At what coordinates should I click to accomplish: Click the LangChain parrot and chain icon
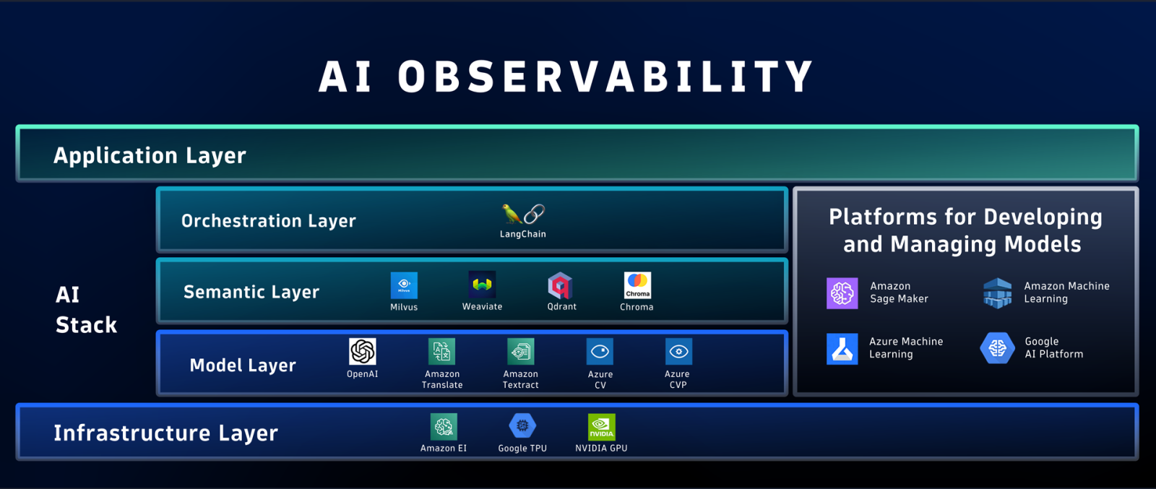pos(523,214)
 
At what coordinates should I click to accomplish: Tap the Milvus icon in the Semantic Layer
pos(404,285)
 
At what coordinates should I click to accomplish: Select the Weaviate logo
pos(482,285)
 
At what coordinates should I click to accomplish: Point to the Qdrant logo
pos(561,286)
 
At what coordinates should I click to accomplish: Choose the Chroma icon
pos(637,285)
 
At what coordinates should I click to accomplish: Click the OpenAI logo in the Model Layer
pos(362,352)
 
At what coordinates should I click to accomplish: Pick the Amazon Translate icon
pos(441,352)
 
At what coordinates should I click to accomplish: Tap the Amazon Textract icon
pos(520,352)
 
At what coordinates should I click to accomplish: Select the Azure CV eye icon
pos(600,352)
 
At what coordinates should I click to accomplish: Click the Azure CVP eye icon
pos(678,352)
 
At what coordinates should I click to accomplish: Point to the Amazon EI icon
pos(444,427)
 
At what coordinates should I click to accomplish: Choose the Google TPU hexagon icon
pos(522,426)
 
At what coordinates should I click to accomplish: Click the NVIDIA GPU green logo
pos(601,427)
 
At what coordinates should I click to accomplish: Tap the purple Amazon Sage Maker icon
pos(842,293)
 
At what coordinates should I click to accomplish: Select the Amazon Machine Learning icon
pos(998,293)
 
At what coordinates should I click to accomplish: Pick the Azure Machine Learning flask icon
pos(842,349)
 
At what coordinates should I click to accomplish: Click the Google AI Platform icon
pos(997,348)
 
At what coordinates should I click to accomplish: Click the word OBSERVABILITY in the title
pos(605,77)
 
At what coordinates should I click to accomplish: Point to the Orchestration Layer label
pos(268,221)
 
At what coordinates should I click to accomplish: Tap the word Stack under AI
pos(86,325)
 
